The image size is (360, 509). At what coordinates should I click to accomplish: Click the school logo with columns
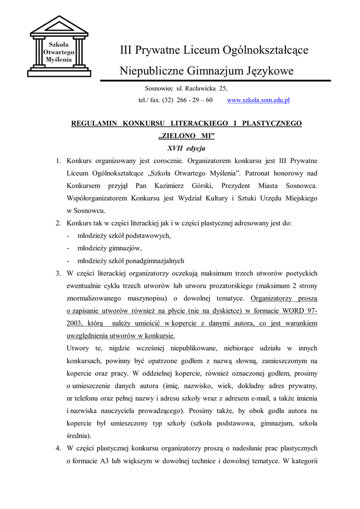[59, 47]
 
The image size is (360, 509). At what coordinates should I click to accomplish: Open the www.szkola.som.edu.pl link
[258, 100]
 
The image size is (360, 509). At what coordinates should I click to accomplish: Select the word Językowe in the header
[270, 71]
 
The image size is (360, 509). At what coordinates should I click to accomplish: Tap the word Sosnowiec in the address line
[159, 88]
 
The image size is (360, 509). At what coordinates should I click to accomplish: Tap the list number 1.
[58, 161]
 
